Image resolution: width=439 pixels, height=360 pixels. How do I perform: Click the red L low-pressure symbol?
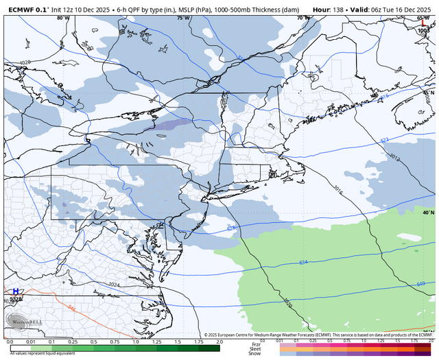click(x=423, y=24)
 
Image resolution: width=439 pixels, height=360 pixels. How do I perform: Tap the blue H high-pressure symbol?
click(x=15, y=292)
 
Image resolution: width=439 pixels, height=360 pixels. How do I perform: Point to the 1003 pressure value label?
click(x=423, y=31)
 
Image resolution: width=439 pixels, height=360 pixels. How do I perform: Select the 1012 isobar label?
click(x=394, y=157)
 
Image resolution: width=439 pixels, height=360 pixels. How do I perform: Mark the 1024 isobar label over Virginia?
click(x=113, y=284)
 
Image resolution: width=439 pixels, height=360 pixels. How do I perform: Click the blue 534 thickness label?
click(x=302, y=263)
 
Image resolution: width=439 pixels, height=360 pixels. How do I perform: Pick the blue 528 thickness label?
click(x=230, y=227)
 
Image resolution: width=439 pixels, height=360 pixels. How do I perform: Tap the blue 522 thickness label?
click(x=384, y=140)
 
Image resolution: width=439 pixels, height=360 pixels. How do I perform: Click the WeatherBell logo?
click(x=20, y=320)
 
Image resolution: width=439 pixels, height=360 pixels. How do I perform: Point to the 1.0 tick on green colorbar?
click(x=135, y=341)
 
